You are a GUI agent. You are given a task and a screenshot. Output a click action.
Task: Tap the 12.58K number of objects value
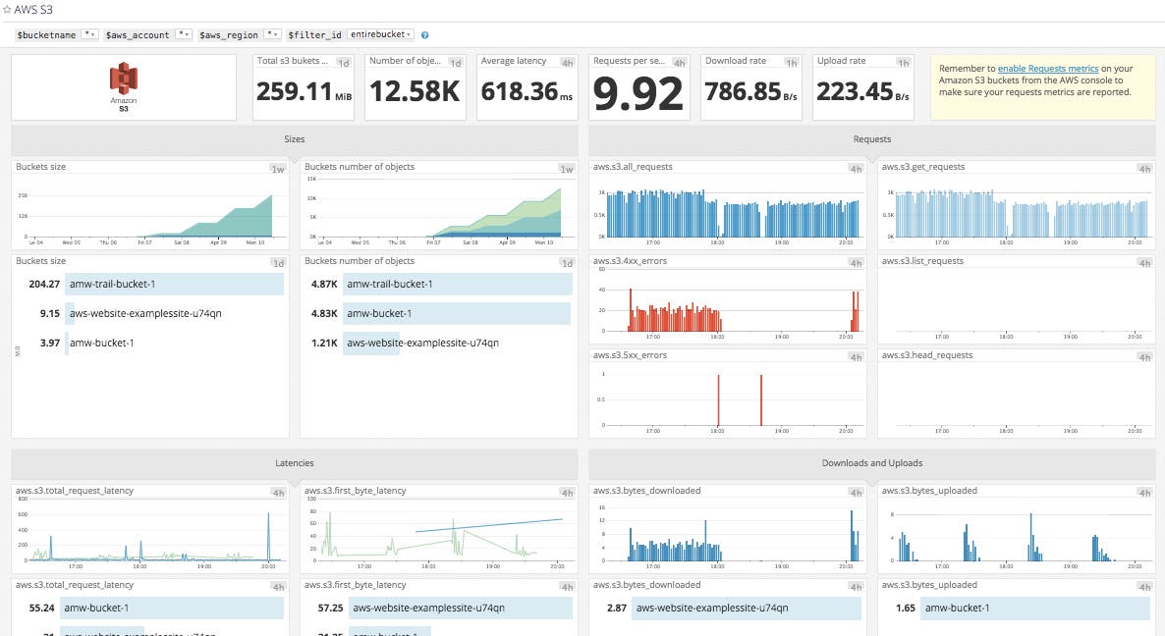(414, 92)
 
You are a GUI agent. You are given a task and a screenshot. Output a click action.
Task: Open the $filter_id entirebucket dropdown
(381, 34)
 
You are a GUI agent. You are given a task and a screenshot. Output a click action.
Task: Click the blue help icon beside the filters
(424, 34)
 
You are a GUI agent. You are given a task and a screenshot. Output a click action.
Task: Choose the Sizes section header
(294, 139)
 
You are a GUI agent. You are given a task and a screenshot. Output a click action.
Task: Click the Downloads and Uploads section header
(871, 462)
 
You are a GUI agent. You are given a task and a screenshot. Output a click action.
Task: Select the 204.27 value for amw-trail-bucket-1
(44, 284)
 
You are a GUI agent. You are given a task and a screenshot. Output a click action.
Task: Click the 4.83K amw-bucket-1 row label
(378, 314)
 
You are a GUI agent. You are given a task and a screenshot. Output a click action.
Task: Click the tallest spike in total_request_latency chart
(267, 517)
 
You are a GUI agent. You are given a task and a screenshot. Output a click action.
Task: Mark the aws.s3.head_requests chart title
(922, 355)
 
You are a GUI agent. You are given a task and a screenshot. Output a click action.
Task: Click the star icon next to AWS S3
(7, 9)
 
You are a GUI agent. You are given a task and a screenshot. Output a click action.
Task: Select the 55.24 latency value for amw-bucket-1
(41, 608)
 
